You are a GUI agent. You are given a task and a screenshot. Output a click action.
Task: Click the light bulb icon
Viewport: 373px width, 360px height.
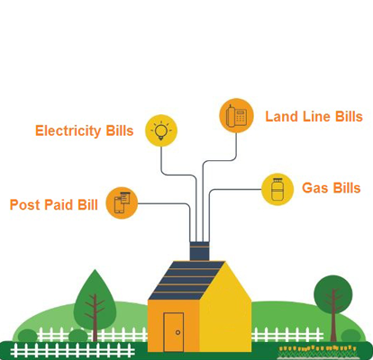point(161,130)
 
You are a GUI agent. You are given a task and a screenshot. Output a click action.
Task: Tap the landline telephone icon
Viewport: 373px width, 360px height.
point(236,115)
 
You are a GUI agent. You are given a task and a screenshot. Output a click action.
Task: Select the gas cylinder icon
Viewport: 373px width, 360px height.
point(277,189)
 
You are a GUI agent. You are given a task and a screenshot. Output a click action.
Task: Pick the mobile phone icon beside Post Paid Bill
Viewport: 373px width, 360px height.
point(122,202)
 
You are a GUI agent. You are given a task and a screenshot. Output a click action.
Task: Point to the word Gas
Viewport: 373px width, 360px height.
point(314,188)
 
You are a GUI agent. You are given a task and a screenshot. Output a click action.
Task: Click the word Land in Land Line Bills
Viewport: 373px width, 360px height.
point(282,116)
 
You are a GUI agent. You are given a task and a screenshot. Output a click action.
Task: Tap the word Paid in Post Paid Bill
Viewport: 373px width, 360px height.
point(59,204)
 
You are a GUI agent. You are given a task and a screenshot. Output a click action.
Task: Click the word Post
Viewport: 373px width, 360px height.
point(25,204)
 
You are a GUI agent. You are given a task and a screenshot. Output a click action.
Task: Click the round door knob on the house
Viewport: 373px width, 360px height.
point(177,332)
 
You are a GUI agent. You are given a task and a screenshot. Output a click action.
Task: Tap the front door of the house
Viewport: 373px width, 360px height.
point(174,332)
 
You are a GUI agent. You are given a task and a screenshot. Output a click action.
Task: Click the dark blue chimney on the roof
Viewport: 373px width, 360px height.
point(199,251)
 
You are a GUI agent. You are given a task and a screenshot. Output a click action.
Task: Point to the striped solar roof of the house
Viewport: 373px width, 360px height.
point(186,281)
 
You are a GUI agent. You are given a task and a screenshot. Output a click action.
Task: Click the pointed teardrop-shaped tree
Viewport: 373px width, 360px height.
point(95,303)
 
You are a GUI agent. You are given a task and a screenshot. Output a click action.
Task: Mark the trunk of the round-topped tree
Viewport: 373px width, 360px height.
point(333,318)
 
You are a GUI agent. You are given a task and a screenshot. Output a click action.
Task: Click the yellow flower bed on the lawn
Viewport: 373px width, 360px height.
point(317,348)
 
